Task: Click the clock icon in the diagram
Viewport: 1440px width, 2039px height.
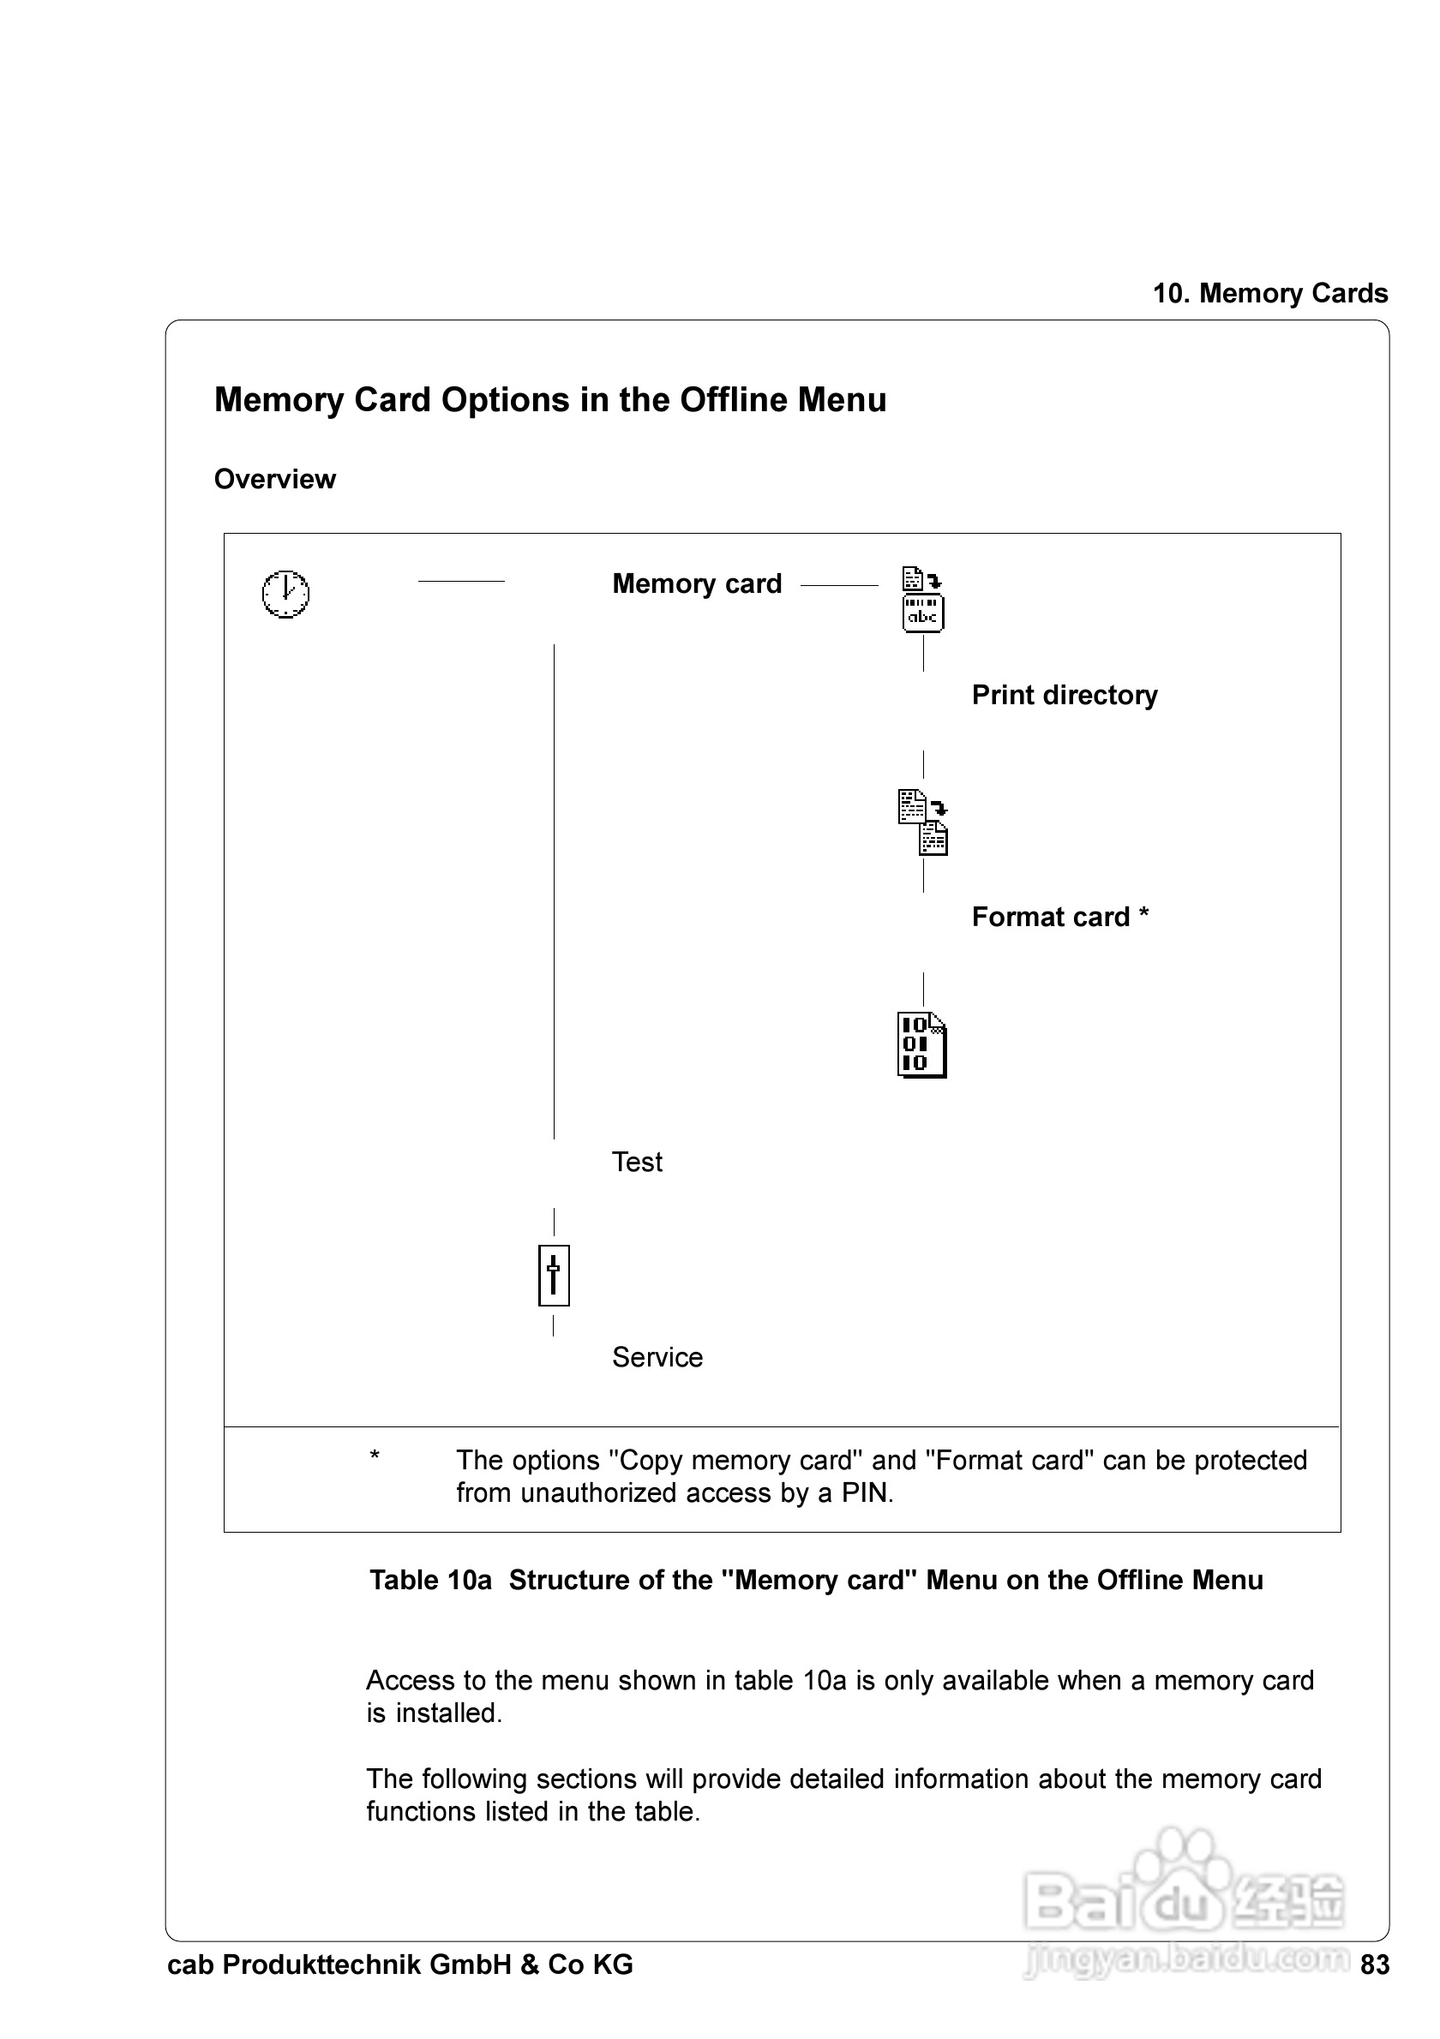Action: click(285, 593)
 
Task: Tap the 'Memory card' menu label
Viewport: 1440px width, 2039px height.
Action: click(697, 583)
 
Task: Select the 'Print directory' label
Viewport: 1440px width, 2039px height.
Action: click(1065, 695)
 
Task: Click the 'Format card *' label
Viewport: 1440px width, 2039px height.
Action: click(1059, 917)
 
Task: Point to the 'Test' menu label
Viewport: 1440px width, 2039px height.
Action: click(637, 1162)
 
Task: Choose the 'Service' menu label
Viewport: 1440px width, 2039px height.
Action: click(657, 1357)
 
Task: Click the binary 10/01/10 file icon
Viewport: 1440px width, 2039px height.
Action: click(922, 1044)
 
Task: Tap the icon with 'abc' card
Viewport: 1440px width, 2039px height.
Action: click(923, 600)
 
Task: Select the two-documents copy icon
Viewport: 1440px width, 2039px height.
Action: click(923, 822)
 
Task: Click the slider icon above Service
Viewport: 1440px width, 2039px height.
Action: click(554, 1276)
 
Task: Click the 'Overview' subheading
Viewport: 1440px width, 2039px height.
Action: click(274, 480)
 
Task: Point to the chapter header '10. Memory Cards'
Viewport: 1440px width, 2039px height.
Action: click(1269, 293)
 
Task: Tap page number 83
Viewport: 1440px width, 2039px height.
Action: click(1374, 1965)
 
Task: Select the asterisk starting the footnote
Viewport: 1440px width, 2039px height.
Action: click(375, 1457)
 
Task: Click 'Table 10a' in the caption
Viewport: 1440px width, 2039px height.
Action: click(430, 1581)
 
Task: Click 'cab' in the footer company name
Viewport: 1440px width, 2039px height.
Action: click(190, 1965)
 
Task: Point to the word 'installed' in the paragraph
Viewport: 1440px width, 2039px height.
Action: click(447, 1713)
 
